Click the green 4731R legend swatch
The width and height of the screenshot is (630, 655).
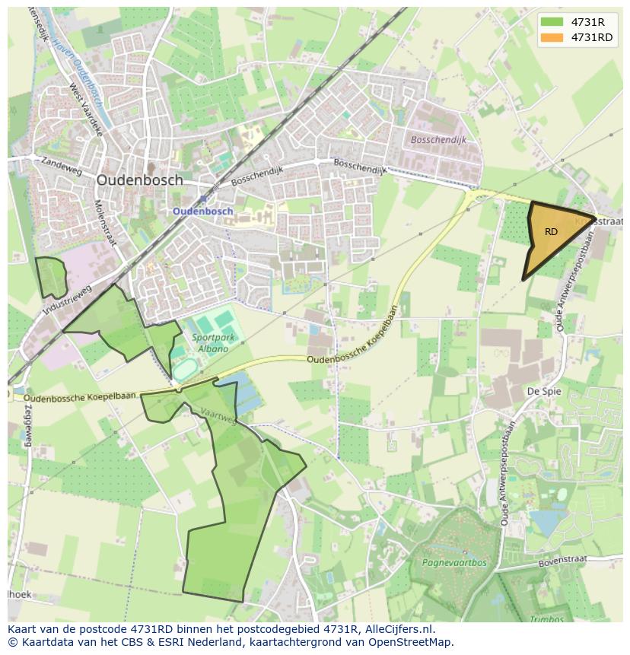pos(552,22)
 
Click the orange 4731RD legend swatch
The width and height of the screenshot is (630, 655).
pos(552,37)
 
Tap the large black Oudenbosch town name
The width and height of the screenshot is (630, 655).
pos(140,180)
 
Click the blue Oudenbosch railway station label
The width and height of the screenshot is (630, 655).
pos(202,211)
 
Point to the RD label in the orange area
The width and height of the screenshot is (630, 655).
pos(552,232)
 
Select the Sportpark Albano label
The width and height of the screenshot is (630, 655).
pos(210,343)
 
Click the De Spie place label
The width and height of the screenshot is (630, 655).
pos(543,391)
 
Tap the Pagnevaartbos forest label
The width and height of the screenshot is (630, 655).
pos(453,564)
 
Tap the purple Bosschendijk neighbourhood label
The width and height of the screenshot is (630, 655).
pos(437,140)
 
